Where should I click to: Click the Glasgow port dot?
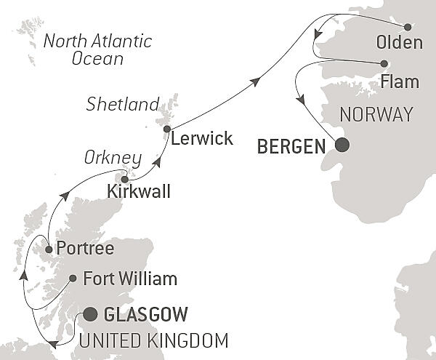90,314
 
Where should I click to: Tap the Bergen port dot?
341,145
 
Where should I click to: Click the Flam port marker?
384,63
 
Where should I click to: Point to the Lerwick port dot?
167,129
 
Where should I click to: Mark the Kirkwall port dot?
125,179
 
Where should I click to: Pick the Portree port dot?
49,249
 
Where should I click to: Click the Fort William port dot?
73,278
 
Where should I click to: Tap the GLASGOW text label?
146,315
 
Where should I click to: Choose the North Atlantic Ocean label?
97,49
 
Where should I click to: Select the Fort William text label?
130,279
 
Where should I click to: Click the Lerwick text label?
203,138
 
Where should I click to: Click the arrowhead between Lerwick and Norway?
255,83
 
